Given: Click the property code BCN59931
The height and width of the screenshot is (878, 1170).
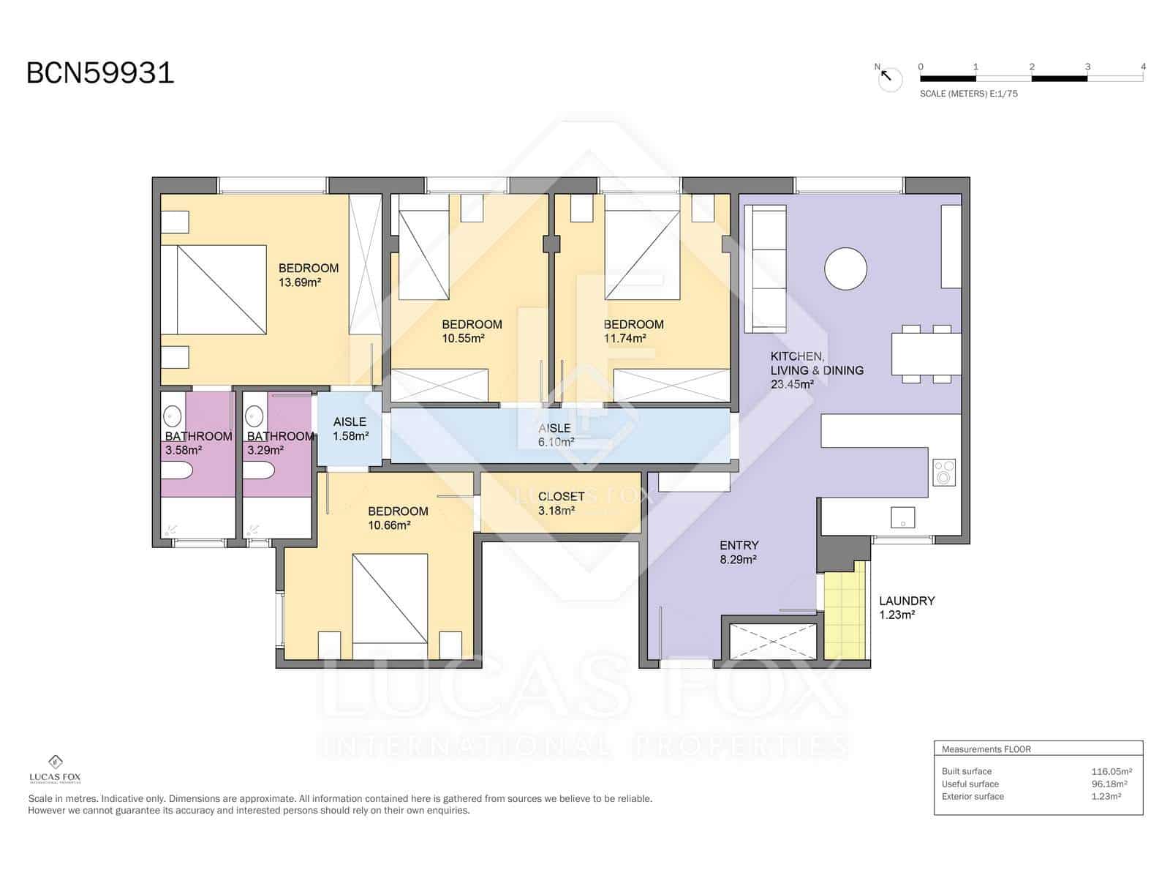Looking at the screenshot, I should [x=100, y=73].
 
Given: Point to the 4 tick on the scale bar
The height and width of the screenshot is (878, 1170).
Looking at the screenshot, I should [x=1143, y=67].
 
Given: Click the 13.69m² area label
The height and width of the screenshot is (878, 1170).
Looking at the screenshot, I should [x=299, y=282].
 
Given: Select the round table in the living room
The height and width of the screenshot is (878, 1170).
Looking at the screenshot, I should [x=845, y=269].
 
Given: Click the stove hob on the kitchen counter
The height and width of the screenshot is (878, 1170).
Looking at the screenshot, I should [x=944, y=473].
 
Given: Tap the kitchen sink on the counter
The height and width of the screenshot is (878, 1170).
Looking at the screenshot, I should [x=902, y=517].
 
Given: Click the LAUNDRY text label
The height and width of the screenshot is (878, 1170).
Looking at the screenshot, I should [x=907, y=601].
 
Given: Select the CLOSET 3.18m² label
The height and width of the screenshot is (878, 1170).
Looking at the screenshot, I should [x=561, y=503].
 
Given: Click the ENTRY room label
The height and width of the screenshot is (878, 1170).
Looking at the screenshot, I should [x=739, y=545].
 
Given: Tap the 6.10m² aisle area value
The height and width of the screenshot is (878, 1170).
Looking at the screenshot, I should [x=556, y=442].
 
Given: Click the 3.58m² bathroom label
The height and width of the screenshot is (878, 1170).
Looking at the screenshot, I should [x=184, y=451].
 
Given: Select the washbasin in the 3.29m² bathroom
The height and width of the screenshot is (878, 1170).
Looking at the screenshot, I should [x=254, y=416].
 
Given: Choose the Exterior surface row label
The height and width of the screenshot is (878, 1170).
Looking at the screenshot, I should [x=973, y=796].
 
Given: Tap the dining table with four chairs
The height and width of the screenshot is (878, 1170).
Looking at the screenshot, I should [x=926, y=354].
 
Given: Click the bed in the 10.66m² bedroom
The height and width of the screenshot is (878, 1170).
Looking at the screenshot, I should [x=390, y=599].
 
